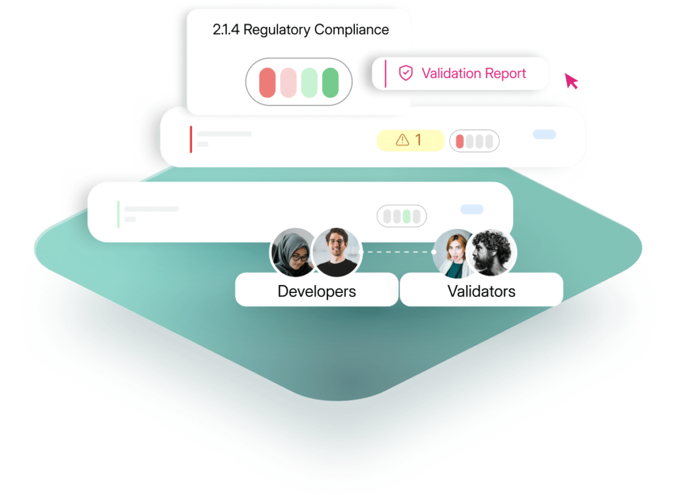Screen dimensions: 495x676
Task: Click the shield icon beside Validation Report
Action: (405, 73)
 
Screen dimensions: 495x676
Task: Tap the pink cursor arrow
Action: (571, 81)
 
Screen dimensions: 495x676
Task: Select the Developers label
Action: (316, 291)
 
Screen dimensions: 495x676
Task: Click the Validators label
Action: (481, 291)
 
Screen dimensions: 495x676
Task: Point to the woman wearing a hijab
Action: (292, 253)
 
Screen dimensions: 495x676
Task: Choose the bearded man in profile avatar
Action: (492, 253)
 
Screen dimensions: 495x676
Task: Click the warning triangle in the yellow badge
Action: (402, 140)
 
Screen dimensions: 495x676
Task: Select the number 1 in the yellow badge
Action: (418, 140)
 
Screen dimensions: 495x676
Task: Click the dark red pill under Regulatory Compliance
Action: (267, 82)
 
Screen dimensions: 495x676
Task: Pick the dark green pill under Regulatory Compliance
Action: (330, 82)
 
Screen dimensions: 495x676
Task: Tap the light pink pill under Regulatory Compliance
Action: (288, 82)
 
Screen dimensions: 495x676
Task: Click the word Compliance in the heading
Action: (351, 30)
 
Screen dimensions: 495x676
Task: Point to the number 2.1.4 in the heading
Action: (226, 30)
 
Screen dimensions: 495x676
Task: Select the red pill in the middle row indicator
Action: (459, 141)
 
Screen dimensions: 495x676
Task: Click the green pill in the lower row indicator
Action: (407, 216)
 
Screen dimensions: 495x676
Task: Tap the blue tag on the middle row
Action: (544, 135)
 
